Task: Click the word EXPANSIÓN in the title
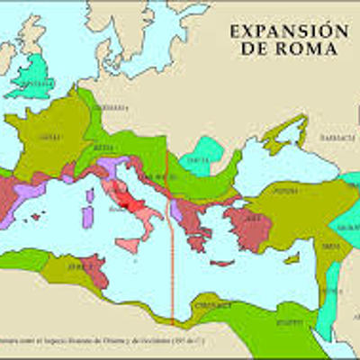(288, 31)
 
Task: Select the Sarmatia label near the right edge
(338, 137)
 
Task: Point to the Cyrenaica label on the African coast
(210, 306)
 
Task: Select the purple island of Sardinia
(88, 217)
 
